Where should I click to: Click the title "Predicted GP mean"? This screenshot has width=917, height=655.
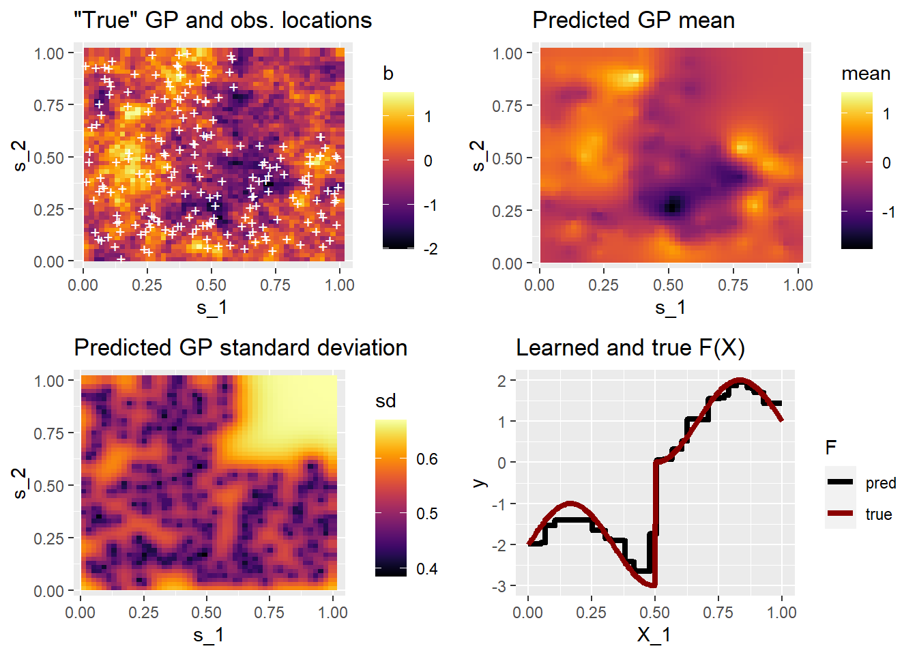tap(633, 20)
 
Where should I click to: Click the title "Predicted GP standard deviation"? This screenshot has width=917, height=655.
tap(240, 348)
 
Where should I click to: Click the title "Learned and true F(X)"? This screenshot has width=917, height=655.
tap(630, 348)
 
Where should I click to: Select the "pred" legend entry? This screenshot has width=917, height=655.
tap(880, 483)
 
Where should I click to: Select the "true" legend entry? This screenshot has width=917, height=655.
tap(879, 514)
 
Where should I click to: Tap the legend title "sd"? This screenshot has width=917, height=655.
tap(385, 401)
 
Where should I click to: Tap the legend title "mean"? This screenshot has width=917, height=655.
tap(865, 74)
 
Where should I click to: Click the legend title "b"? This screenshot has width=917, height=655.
tap(388, 74)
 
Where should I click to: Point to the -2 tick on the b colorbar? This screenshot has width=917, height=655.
tap(431, 249)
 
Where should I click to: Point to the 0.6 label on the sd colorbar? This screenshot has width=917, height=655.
tap(427, 459)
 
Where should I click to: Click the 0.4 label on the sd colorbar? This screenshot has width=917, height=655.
tap(427, 569)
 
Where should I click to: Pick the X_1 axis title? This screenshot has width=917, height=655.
tap(654, 635)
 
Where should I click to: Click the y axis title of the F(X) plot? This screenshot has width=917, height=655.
tap(480, 482)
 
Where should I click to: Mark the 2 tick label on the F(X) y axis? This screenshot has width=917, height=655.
tap(502, 381)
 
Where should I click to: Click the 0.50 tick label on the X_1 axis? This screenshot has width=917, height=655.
tap(654, 612)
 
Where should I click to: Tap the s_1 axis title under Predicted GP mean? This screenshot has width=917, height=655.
tap(670, 308)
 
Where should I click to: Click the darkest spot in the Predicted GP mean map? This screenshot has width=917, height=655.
tap(673, 205)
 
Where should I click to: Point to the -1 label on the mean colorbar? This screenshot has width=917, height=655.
tap(888, 212)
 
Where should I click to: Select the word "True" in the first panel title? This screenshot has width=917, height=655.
tap(106, 20)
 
